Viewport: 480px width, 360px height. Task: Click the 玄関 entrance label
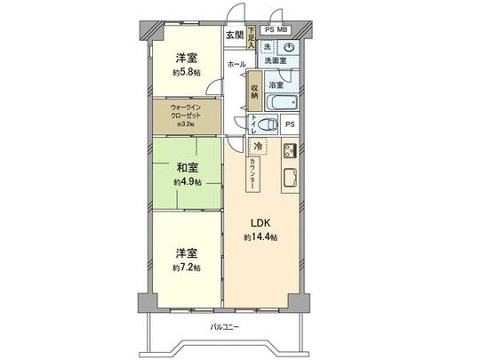(233, 36)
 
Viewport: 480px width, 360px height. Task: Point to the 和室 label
(187, 167)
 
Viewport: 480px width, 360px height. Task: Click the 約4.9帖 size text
(187, 181)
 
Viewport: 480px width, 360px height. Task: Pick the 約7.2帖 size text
(187, 267)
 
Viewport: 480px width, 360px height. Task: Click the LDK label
(260, 222)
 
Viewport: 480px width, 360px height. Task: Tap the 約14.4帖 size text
(260, 237)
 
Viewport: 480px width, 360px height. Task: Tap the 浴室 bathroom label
(276, 85)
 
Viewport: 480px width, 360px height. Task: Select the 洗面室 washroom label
(278, 60)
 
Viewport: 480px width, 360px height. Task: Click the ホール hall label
(236, 65)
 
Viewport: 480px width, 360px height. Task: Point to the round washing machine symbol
(290, 48)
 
